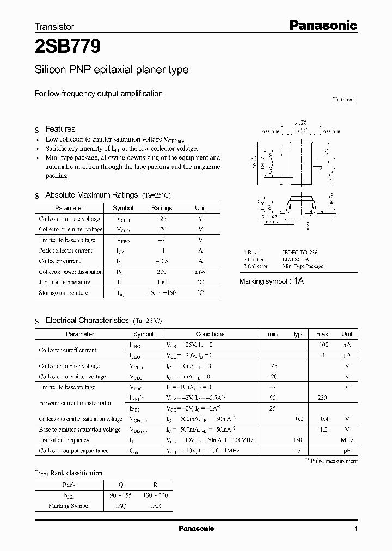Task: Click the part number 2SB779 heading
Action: [68, 47]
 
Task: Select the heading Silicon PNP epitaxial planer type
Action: [112, 70]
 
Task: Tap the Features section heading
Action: [60, 129]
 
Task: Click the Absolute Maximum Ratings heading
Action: [91, 195]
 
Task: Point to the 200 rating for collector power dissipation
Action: [161, 272]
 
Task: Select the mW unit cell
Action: [200, 272]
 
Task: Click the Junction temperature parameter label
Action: [64, 283]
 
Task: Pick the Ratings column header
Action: [161, 208]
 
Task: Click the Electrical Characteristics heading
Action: [87, 321]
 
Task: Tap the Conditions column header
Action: [210, 334]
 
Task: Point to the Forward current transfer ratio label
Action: [75, 403]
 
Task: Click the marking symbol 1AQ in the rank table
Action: [122, 506]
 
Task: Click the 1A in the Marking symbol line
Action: [299, 281]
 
